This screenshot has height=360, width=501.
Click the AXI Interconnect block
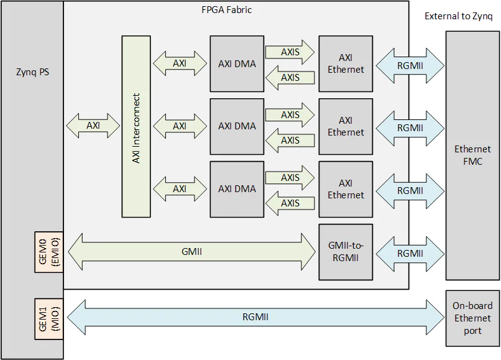136,127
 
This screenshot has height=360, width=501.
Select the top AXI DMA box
237,63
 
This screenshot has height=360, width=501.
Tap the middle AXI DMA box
237,126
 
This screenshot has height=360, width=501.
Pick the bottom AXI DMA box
237,189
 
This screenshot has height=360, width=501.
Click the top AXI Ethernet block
346,63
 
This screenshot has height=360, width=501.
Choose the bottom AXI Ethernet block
346,189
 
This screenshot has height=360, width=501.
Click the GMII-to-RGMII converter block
346,252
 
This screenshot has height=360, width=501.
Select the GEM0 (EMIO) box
49,252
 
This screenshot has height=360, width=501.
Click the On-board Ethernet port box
472,318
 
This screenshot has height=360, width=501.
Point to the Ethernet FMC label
472,155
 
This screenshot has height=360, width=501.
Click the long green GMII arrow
191,252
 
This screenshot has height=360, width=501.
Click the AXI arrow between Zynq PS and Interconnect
93,126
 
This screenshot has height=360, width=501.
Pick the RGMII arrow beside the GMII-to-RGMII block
410,253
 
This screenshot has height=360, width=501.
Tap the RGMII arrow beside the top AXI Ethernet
410,65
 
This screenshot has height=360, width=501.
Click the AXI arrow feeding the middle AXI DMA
180,126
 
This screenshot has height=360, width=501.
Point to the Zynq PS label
32,72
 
